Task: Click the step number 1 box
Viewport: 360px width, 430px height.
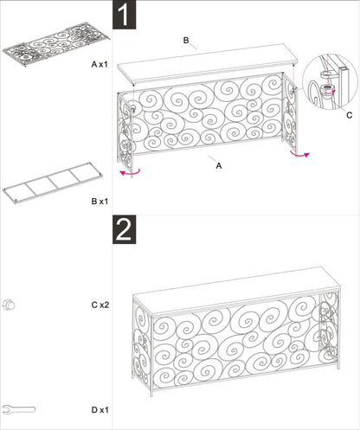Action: pyautogui.click(x=124, y=15)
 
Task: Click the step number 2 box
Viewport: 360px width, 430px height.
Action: pyautogui.click(x=124, y=229)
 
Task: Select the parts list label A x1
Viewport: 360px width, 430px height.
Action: pyautogui.click(x=100, y=64)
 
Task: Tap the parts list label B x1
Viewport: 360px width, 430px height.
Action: pyautogui.click(x=100, y=202)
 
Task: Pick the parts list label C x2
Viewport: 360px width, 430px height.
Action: pyautogui.click(x=100, y=305)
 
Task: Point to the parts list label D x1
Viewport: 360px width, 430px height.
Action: pyautogui.click(x=100, y=410)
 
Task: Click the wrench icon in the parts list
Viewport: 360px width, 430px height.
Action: pyautogui.click(x=18, y=409)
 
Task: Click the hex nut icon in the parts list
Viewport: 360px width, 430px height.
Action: pyautogui.click(x=9, y=305)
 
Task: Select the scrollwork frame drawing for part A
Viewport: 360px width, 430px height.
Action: pyautogui.click(x=56, y=44)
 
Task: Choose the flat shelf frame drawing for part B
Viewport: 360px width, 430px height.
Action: pyautogui.click(x=53, y=183)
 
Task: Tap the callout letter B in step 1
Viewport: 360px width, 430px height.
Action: pyautogui.click(x=186, y=41)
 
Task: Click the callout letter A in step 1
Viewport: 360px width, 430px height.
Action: pyautogui.click(x=219, y=166)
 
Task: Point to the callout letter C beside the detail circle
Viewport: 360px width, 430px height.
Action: pyautogui.click(x=350, y=115)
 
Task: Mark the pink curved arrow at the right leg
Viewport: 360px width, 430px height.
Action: pyautogui.click(x=300, y=156)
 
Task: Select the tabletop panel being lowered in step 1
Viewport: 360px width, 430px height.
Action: pyautogui.click(x=207, y=64)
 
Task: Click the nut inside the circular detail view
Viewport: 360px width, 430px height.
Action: pyautogui.click(x=328, y=88)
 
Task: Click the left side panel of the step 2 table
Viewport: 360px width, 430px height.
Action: pyautogui.click(x=142, y=343)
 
